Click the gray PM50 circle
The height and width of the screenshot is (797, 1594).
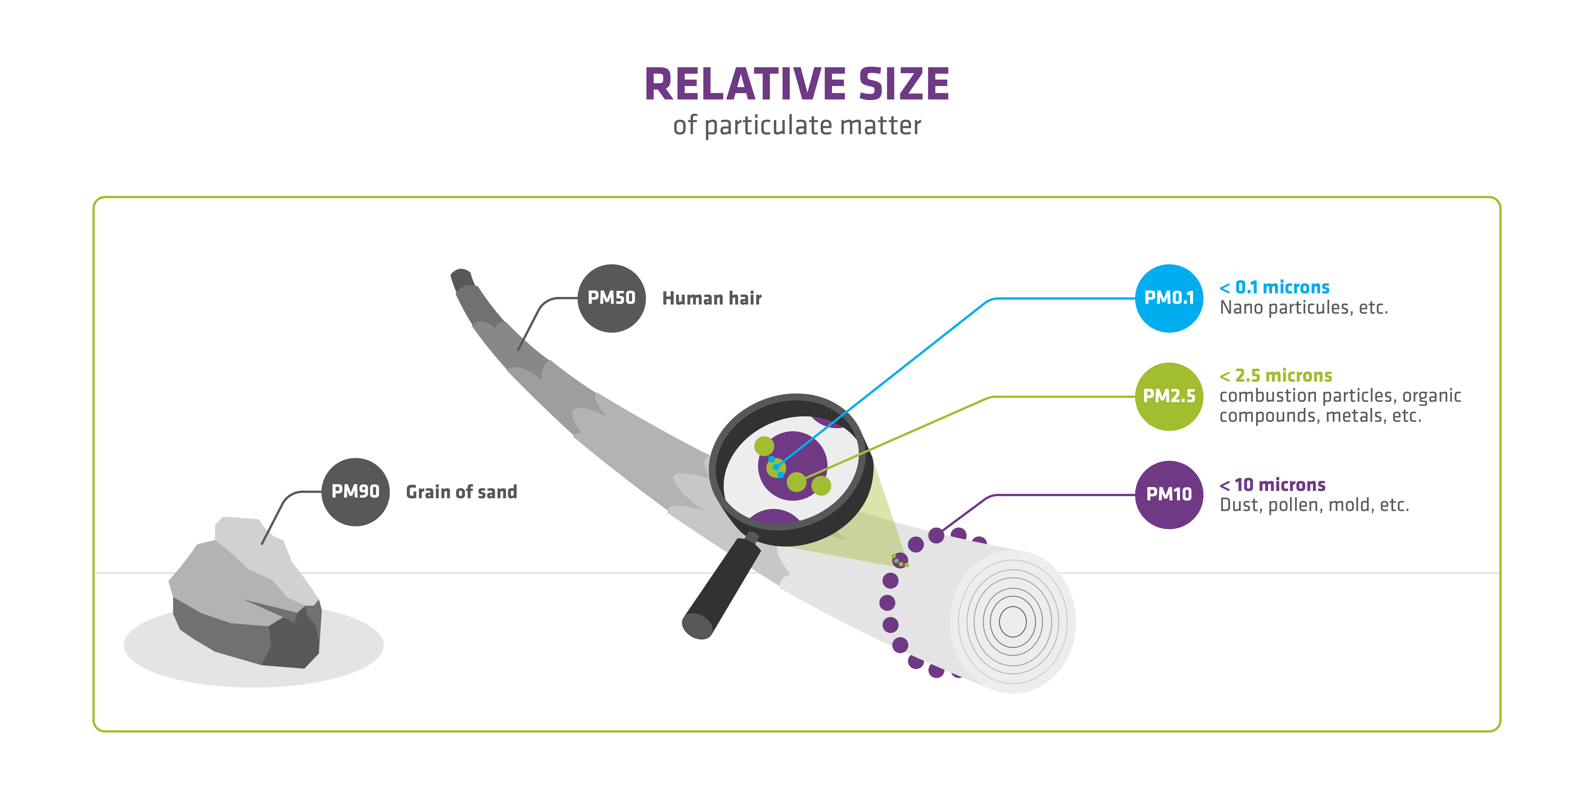(x=611, y=298)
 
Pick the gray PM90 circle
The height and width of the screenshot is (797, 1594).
(x=355, y=492)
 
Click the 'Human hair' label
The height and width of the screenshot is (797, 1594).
(x=712, y=298)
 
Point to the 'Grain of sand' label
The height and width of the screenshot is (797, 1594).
(x=461, y=492)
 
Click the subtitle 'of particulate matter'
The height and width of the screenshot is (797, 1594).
(x=797, y=126)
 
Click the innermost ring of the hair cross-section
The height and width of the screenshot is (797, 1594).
(x=1012, y=621)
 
